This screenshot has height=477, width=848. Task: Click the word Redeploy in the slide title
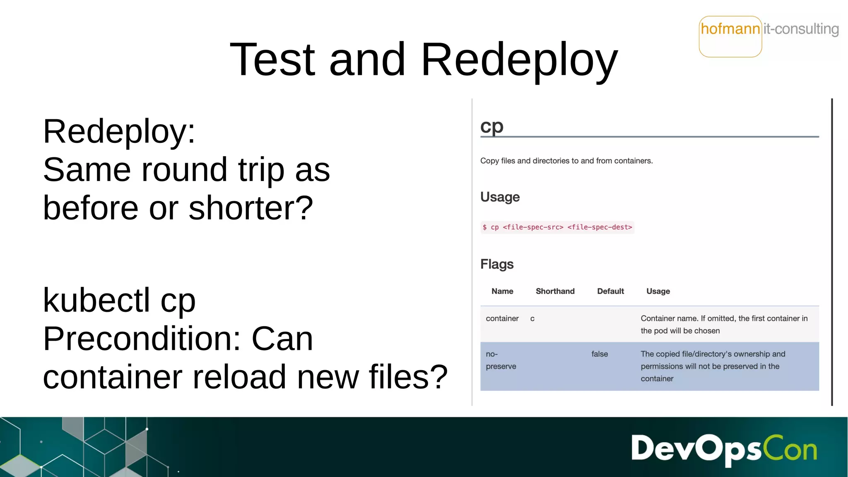click(x=519, y=60)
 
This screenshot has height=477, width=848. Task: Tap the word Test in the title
click(x=272, y=60)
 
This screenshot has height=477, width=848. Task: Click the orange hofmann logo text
click(x=730, y=29)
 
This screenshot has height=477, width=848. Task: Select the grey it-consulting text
click(x=801, y=29)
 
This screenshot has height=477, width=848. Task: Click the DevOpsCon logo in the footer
click(x=724, y=449)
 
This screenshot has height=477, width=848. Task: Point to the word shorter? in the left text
click(x=251, y=208)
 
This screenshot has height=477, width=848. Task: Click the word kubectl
click(x=96, y=300)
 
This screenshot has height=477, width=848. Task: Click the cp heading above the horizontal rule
click(x=492, y=126)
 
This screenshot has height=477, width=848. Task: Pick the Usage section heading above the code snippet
click(x=500, y=197)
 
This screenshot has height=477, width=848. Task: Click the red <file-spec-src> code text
click(x=533, y=227)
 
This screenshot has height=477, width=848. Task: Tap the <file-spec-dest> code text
click(x=600, y=227)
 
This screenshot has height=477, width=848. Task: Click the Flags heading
click(x=497, y=264)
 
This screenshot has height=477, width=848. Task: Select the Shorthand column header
click(x=555, y=291)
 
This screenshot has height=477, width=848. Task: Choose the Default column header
click(x=610, y=291)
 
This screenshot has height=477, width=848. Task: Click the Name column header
click(x=502, y=291)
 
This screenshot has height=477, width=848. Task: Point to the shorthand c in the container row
click(x=532, y=319)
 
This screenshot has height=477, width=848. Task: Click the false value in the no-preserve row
click(x=600, y=354)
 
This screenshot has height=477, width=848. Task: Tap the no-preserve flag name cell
click(x=501, y=360)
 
